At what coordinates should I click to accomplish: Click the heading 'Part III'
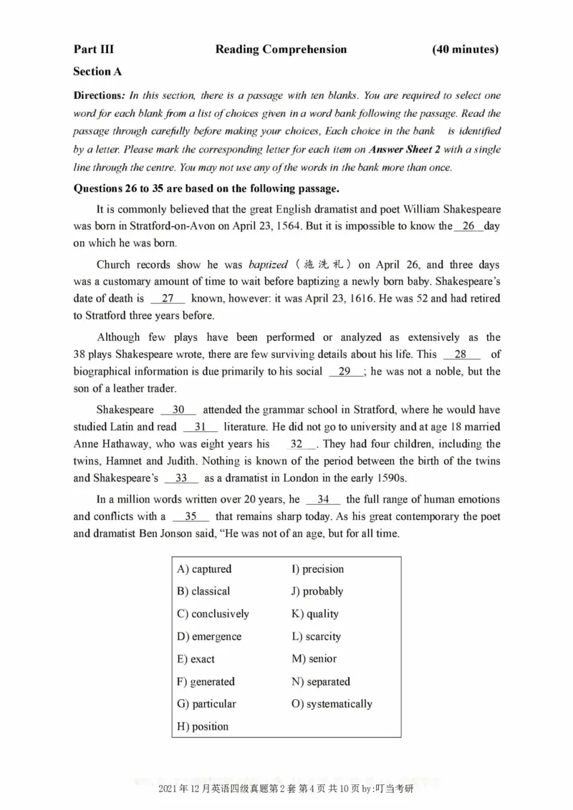(x=93, y=49)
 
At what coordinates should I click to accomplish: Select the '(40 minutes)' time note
(x=466, y=49)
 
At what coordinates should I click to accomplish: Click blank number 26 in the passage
(x=469, y=226)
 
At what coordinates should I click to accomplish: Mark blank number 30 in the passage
(x=178, y=410)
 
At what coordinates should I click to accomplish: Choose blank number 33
(x=181, y=478)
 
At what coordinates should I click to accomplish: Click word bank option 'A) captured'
(x=204, y=569)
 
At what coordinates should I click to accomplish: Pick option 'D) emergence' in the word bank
(x=209, y=637)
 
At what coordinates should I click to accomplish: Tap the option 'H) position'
(x=203, y=727)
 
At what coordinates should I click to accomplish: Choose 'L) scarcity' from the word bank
(x=316, y=637)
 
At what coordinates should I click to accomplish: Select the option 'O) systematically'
(x=332, y=704)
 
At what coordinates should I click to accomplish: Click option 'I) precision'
(x=317, y=569)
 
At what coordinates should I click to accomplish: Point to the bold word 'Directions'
(x=99, y=96)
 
